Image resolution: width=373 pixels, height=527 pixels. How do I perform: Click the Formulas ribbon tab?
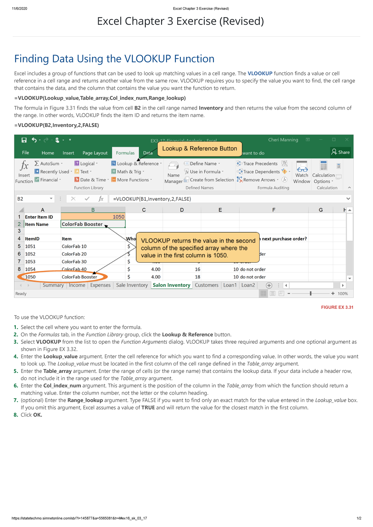125,153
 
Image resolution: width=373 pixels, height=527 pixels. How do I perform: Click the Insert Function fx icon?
24,166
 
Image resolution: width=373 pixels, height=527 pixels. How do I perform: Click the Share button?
341,152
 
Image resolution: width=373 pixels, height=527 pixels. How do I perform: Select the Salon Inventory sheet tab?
171,285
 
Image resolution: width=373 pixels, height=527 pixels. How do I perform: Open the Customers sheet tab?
206,285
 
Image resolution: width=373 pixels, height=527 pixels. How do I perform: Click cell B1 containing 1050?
93,217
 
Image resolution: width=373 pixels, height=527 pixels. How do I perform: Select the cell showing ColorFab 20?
74,254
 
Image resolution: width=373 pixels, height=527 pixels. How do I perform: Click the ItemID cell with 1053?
30,261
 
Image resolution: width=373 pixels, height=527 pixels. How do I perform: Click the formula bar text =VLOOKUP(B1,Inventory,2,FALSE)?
152,199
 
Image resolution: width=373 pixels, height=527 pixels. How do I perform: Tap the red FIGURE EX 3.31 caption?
337,307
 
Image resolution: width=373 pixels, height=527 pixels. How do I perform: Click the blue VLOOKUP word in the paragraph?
260,74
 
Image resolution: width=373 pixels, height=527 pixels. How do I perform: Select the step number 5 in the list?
16,371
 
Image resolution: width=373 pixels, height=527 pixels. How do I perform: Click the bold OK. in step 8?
38,415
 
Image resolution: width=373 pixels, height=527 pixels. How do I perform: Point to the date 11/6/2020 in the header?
20,9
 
